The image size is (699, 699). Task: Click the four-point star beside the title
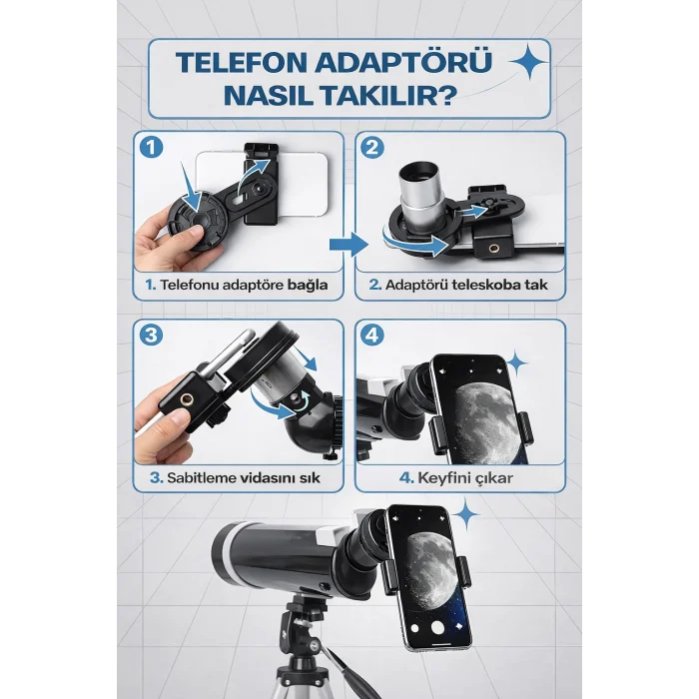tap(525, 63)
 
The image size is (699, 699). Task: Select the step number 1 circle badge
tap(151, 147)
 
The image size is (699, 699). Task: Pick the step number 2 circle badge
tap(371, 147)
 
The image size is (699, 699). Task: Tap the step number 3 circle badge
tap(151, 335)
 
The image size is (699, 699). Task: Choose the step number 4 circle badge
tap(371, 335)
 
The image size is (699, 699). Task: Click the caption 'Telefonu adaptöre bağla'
tap(236, 285)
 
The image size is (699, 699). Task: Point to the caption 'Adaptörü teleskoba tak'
tap(457, 285)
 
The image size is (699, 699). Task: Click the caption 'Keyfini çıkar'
tap(457, 476)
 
